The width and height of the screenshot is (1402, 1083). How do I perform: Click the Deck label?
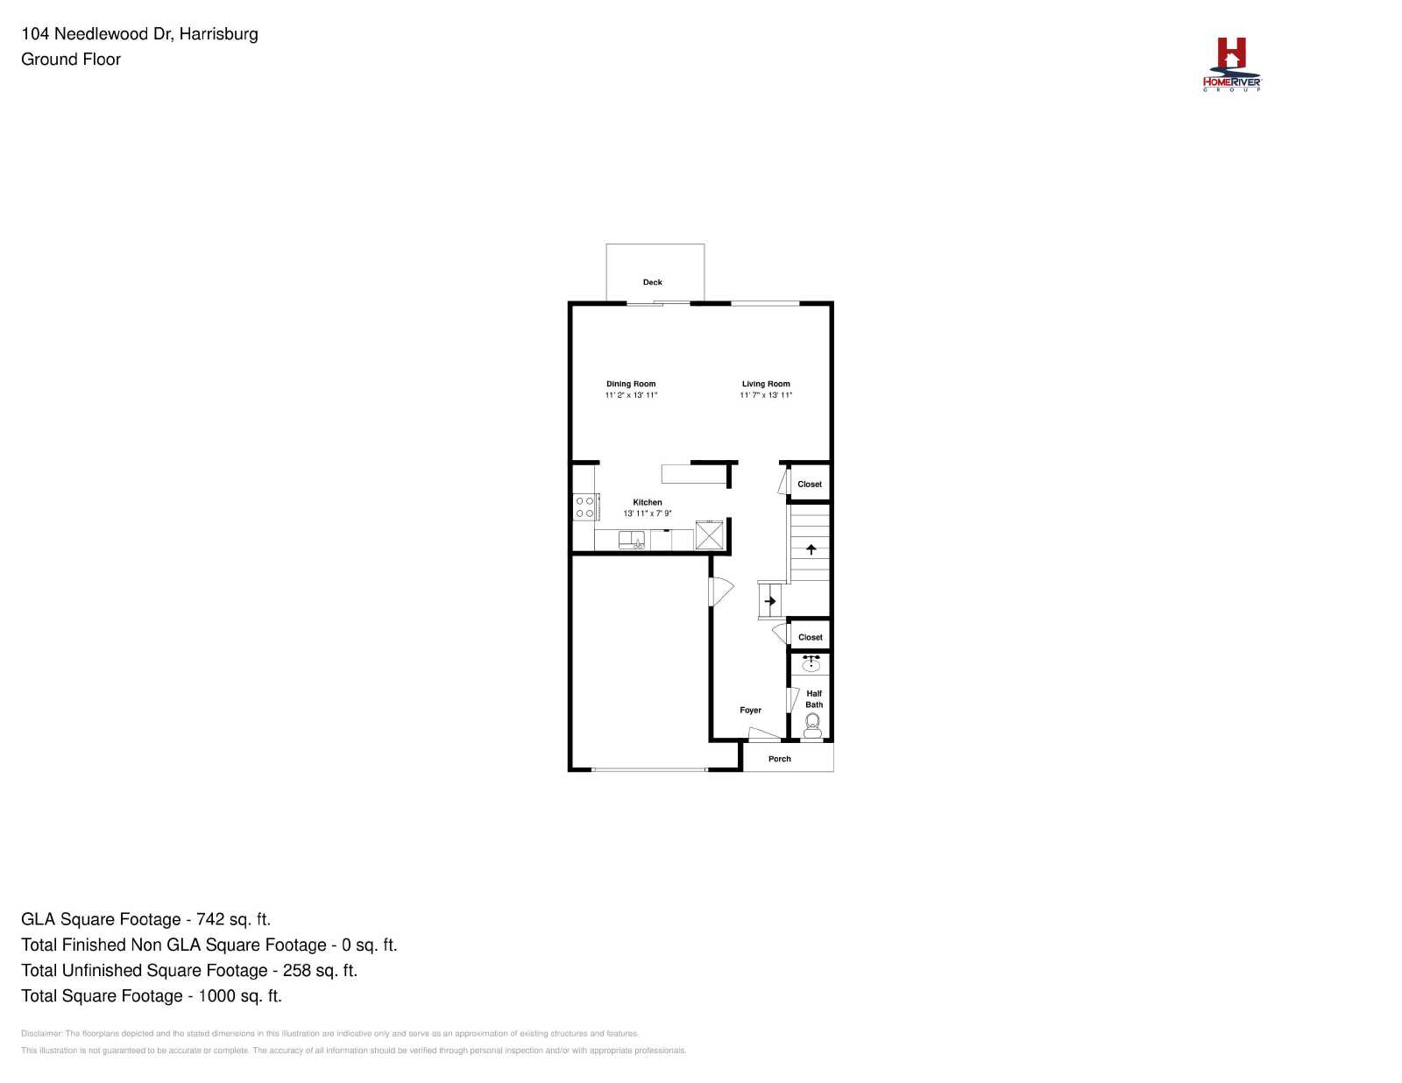click(652, 282)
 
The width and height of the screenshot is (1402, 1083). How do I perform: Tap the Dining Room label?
click(630, 384)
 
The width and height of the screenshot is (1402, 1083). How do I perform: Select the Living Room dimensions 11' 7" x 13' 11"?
click(765, 395)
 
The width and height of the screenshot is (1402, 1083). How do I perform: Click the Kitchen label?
click(648, 502)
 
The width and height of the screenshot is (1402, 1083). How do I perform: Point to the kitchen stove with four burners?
click(586, 507)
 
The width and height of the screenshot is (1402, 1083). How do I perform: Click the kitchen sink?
click(631, 540)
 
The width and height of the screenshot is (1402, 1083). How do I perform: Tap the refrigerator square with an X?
click(709, 535)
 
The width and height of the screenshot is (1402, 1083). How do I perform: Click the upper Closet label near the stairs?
click(809, 485)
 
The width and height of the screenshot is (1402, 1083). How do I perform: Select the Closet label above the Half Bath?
click(810, 637)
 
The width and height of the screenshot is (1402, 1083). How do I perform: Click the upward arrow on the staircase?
click(811, 549)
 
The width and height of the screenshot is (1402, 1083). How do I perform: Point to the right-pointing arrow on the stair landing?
click(769, 601)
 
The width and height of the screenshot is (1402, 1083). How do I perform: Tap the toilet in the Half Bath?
click(812, 726)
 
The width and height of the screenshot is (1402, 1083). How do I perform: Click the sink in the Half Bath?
click(811, 663)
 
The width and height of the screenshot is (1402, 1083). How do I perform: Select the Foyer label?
click(750, 711)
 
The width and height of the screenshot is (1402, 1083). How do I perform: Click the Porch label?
click(779, 759)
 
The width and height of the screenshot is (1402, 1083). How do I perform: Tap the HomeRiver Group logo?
click(1231, 65)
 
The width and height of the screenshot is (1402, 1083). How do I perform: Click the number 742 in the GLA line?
click(210, 919)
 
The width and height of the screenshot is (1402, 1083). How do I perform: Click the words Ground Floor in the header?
click(71, 60)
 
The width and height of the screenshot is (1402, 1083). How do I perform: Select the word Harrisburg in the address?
click(219, 34)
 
